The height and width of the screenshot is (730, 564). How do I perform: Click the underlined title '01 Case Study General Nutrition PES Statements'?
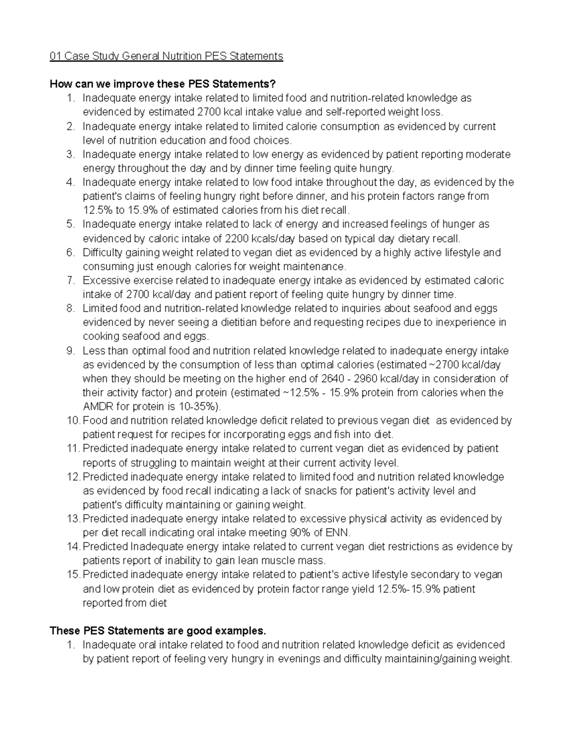(166, 56)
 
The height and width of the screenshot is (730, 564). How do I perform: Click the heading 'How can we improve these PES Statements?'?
(163, 84)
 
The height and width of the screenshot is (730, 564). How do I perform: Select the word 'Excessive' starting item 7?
(104, 281)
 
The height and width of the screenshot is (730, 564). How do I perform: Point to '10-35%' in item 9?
(199, 407)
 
